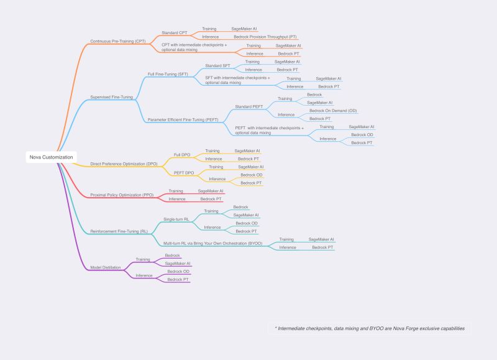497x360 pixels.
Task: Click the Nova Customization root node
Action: [x=51, y=157]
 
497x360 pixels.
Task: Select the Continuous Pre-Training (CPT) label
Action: [x=118, y=41]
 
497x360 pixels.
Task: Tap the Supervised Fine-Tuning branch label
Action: [x=112, y=97]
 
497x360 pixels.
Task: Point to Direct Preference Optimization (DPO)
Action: [x=124, y=164]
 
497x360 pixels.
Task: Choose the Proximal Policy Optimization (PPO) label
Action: [x=122, y=195]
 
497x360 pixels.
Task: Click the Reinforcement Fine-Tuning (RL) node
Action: [x=119, y=231]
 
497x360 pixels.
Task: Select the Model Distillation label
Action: [x=106, y=268]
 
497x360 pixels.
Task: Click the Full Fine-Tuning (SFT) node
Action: [x=168, y=74]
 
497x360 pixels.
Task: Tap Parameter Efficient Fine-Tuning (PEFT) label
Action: [x=183, y=120]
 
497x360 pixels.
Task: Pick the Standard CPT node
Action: [x=175, y=33]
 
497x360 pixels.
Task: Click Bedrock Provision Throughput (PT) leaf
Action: [x=265, y=37]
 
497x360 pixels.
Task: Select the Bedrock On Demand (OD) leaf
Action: [x=333, y=111]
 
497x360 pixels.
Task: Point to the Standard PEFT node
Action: [x=249, y=107]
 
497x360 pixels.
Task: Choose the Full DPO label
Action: [x=182, y=155]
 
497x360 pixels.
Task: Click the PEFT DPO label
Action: [x=184, y=173]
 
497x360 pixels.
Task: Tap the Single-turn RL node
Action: [x=176, y=219]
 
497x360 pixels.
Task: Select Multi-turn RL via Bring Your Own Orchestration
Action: [x=212, y=244]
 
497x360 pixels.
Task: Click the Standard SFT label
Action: [x=217, y=66]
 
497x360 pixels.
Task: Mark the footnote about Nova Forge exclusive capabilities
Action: [x=370, y=328]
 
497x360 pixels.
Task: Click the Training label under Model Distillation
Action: [x=143, y=259]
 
